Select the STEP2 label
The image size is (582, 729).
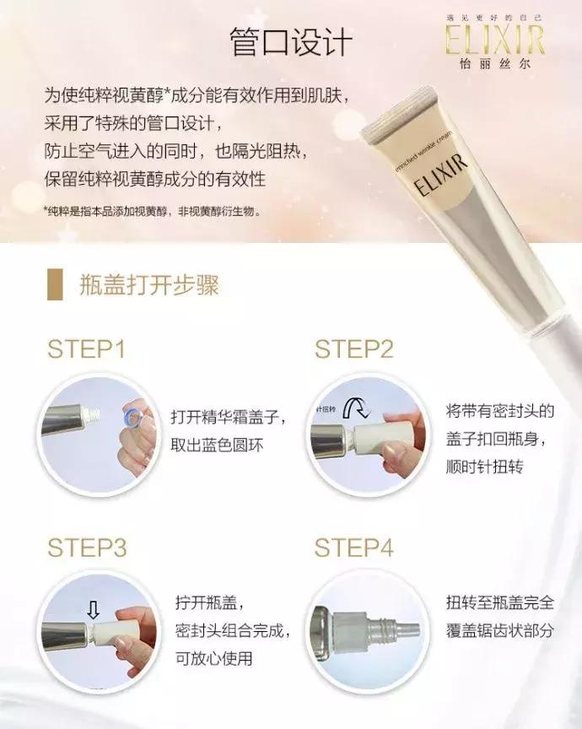click(x=353, y=349)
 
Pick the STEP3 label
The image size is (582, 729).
click(x=87, y=548)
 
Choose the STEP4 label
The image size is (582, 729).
click(x=354, y=548)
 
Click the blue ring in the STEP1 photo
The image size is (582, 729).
click(x=131, y=416)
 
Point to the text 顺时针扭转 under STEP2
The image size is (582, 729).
click(x=484, y=465)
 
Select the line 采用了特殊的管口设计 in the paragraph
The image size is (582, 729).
click(x=135, y=126)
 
